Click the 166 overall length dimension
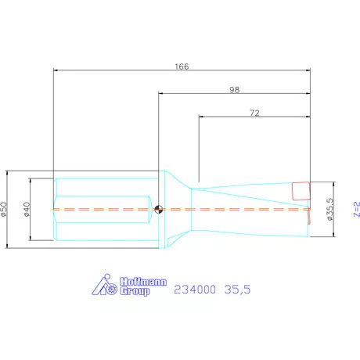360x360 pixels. (x=182, y=67)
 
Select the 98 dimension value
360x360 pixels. (x=234, y=90)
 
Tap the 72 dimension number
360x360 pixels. (x=254, y=113)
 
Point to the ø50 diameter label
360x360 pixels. (x=4, y=209)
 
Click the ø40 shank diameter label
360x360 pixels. (x=27, y=209)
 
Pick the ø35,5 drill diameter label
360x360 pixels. (x=330, y=209)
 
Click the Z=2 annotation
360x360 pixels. (x=357, y=209)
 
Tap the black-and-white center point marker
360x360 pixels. (x=159, y=209)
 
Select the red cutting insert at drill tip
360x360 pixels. (x=301, y=191)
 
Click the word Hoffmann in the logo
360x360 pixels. (x=143, y=282)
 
